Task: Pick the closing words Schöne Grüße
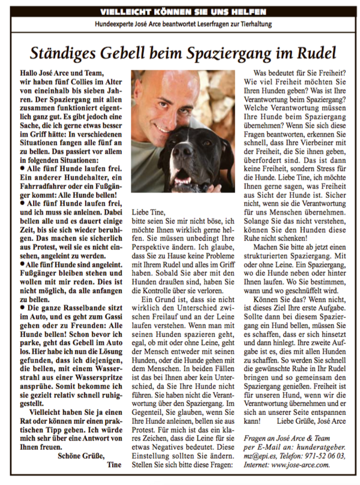(x=82, y=455)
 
